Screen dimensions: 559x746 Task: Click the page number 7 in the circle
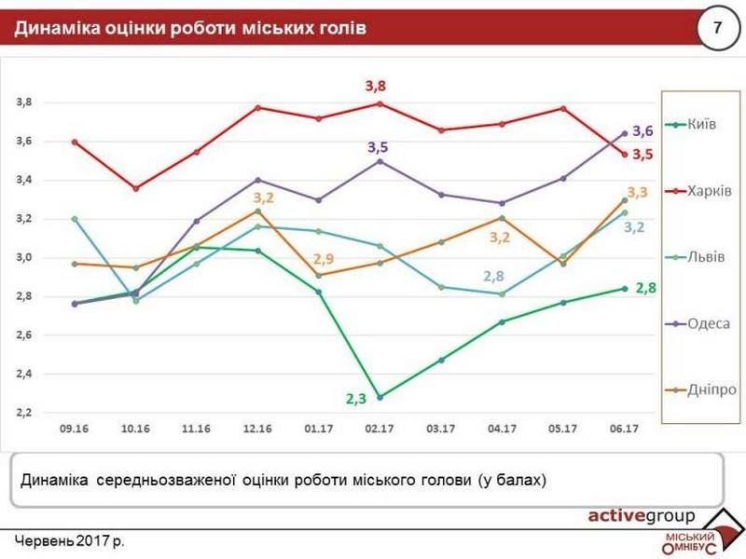click(717, 28)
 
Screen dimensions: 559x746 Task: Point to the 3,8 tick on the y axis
click(23, 102)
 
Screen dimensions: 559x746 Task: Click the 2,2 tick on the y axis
click(23, 412)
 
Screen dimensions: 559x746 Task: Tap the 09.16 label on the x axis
click(74, 430)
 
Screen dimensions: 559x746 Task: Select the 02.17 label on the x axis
click(379, 430)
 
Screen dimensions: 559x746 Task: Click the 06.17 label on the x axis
click(623, 430)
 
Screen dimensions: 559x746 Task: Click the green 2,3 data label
click(356, 398)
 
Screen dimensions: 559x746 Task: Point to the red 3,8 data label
click(375, 86)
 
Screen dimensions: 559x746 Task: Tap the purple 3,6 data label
click(642, 131)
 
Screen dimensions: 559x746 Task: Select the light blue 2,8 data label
click(494, 276)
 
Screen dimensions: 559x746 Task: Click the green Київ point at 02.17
click(379, 397)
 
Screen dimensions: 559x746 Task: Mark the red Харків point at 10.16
click(135, 188)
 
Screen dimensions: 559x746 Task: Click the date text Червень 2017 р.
click(69, 540)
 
